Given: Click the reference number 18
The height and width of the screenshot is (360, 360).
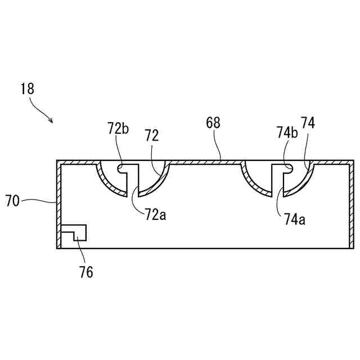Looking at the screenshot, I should [27, 88].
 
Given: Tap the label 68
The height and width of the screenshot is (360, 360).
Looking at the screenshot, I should [214, 122].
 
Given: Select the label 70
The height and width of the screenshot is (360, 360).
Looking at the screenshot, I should [13, 200].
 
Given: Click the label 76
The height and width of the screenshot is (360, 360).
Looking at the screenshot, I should [85, 273].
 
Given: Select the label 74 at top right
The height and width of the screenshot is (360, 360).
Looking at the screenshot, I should [308, 123].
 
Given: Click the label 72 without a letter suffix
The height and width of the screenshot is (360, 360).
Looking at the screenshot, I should [151, 135].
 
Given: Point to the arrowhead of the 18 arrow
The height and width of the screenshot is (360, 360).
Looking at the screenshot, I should [52, 121].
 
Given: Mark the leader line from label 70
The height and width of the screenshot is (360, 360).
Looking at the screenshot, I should [39, 199].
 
